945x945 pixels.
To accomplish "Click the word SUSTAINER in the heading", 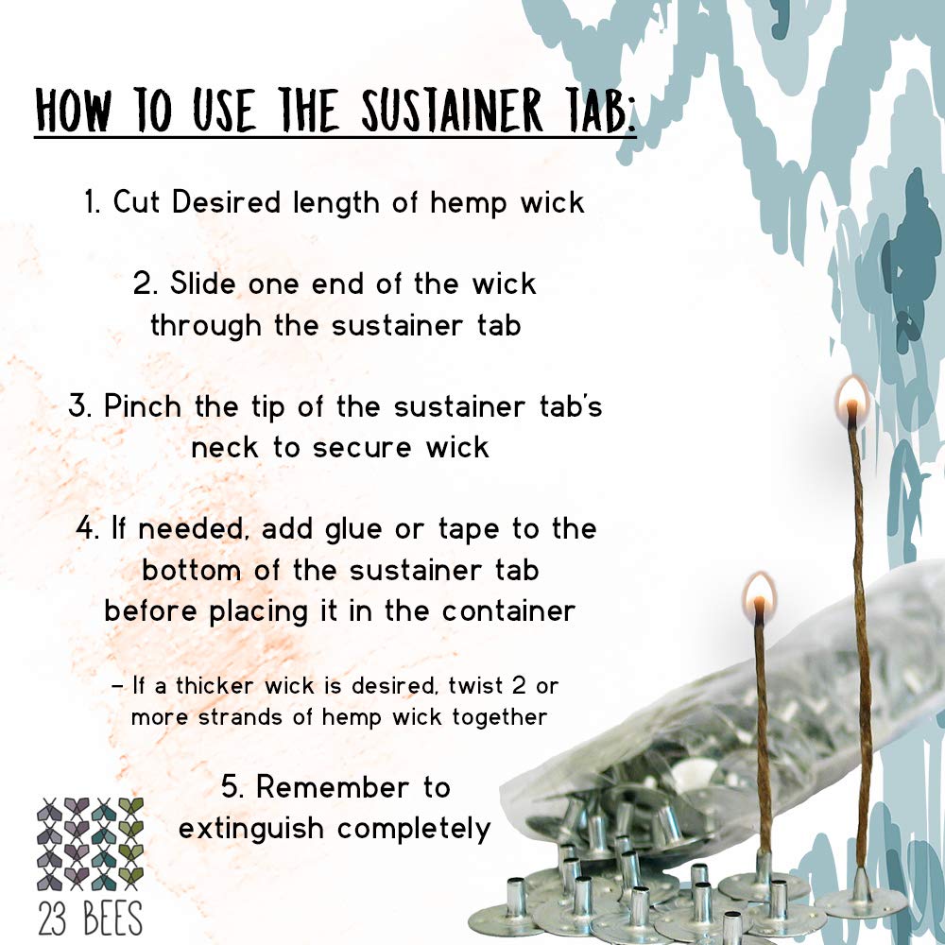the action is [x=452, y=111].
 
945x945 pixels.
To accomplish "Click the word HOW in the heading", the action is [x=73, y=111].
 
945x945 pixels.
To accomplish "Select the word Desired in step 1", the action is [x=227, y=201].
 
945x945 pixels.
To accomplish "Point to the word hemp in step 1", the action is [x=469, y=202].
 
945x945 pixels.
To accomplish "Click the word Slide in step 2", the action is [x=202, y=283].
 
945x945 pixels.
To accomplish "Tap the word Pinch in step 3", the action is [x=143, y=405].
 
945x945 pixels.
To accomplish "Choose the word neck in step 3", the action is [x=224, y=447].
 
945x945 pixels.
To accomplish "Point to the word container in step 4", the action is [x=508, y=611].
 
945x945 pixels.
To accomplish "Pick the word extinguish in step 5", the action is [x=251, y=829].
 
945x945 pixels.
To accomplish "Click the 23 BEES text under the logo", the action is [x=91, y=919].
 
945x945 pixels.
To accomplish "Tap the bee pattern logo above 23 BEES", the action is [x=91, y=844].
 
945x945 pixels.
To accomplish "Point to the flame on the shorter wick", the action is [x=759, y=593].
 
